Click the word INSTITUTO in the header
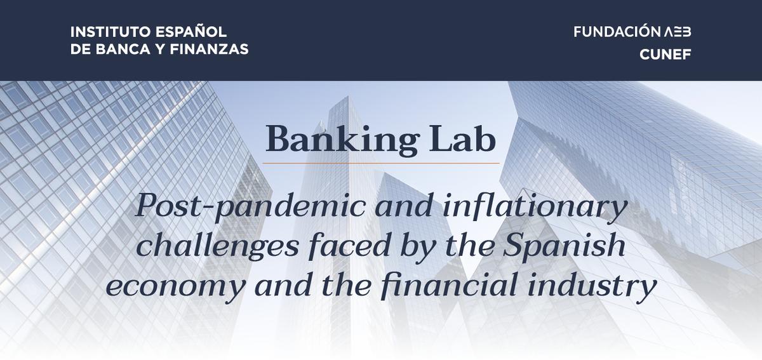(x=110, y=32)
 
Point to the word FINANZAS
(x=209, y=50)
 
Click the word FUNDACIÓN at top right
(x=617, y=31)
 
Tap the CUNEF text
(x=665, y=55)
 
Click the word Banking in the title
(x=342, y=140)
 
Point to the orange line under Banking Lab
(x=381, y=163)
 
